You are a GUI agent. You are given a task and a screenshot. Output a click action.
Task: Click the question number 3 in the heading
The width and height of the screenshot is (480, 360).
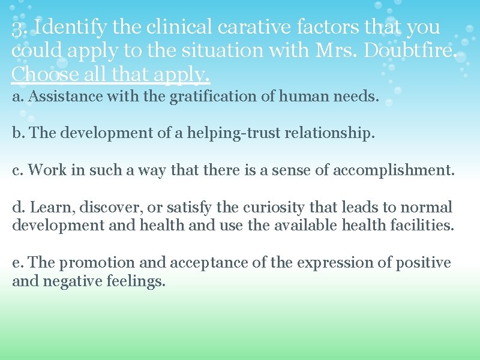(x=18, y=28)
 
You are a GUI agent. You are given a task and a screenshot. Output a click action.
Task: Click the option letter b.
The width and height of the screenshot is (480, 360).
(x=17, y=133)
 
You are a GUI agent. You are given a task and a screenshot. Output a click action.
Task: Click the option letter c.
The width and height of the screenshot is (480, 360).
(x=16, y=170)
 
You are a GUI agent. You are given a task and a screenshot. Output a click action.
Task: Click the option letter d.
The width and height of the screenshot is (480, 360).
(x=17, y=207)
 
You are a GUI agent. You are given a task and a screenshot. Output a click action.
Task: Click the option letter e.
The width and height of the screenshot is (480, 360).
(x=16, y=263)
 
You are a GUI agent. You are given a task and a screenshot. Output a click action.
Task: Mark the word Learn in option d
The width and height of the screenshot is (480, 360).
(x=45, y=207)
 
